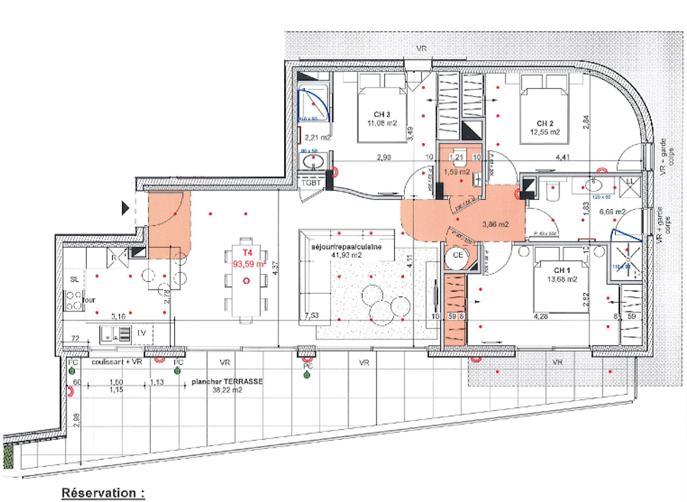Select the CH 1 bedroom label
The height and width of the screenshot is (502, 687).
point(561,270)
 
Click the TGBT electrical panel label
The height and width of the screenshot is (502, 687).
point(311,182)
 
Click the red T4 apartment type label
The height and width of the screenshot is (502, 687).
point(247,252)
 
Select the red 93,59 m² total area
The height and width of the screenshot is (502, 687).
point(248,263)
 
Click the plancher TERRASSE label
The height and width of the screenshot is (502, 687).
point(227,380)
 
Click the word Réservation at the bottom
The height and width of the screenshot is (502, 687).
point(103,491)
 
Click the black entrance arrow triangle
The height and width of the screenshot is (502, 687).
point(126,208)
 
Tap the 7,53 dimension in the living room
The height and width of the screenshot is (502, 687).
point(311,315)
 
